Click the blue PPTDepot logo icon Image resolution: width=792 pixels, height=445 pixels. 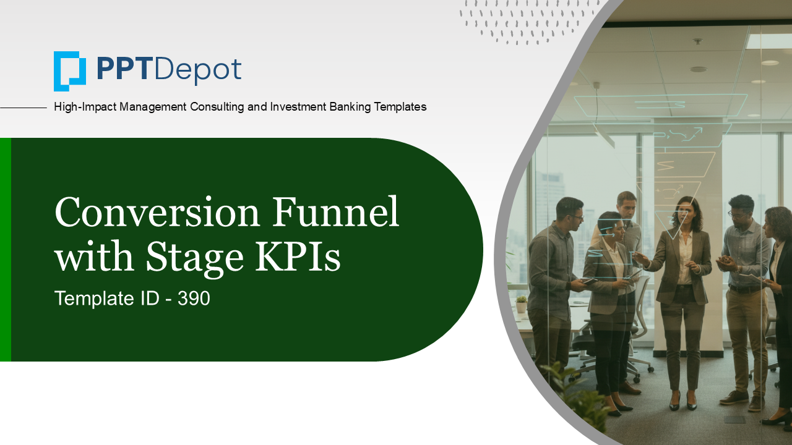[69, 70]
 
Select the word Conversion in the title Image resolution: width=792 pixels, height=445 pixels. [157, 213]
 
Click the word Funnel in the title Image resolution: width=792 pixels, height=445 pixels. [336, 213]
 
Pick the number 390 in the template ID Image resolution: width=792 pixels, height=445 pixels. [194, 299]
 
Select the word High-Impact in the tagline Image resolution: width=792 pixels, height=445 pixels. [85, 107]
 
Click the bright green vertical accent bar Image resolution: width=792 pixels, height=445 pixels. [5, 250]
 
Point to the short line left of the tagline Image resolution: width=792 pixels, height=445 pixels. [24, 108]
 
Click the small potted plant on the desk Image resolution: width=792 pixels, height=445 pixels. [522, 304]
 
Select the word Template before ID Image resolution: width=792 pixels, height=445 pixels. [92, 299]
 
